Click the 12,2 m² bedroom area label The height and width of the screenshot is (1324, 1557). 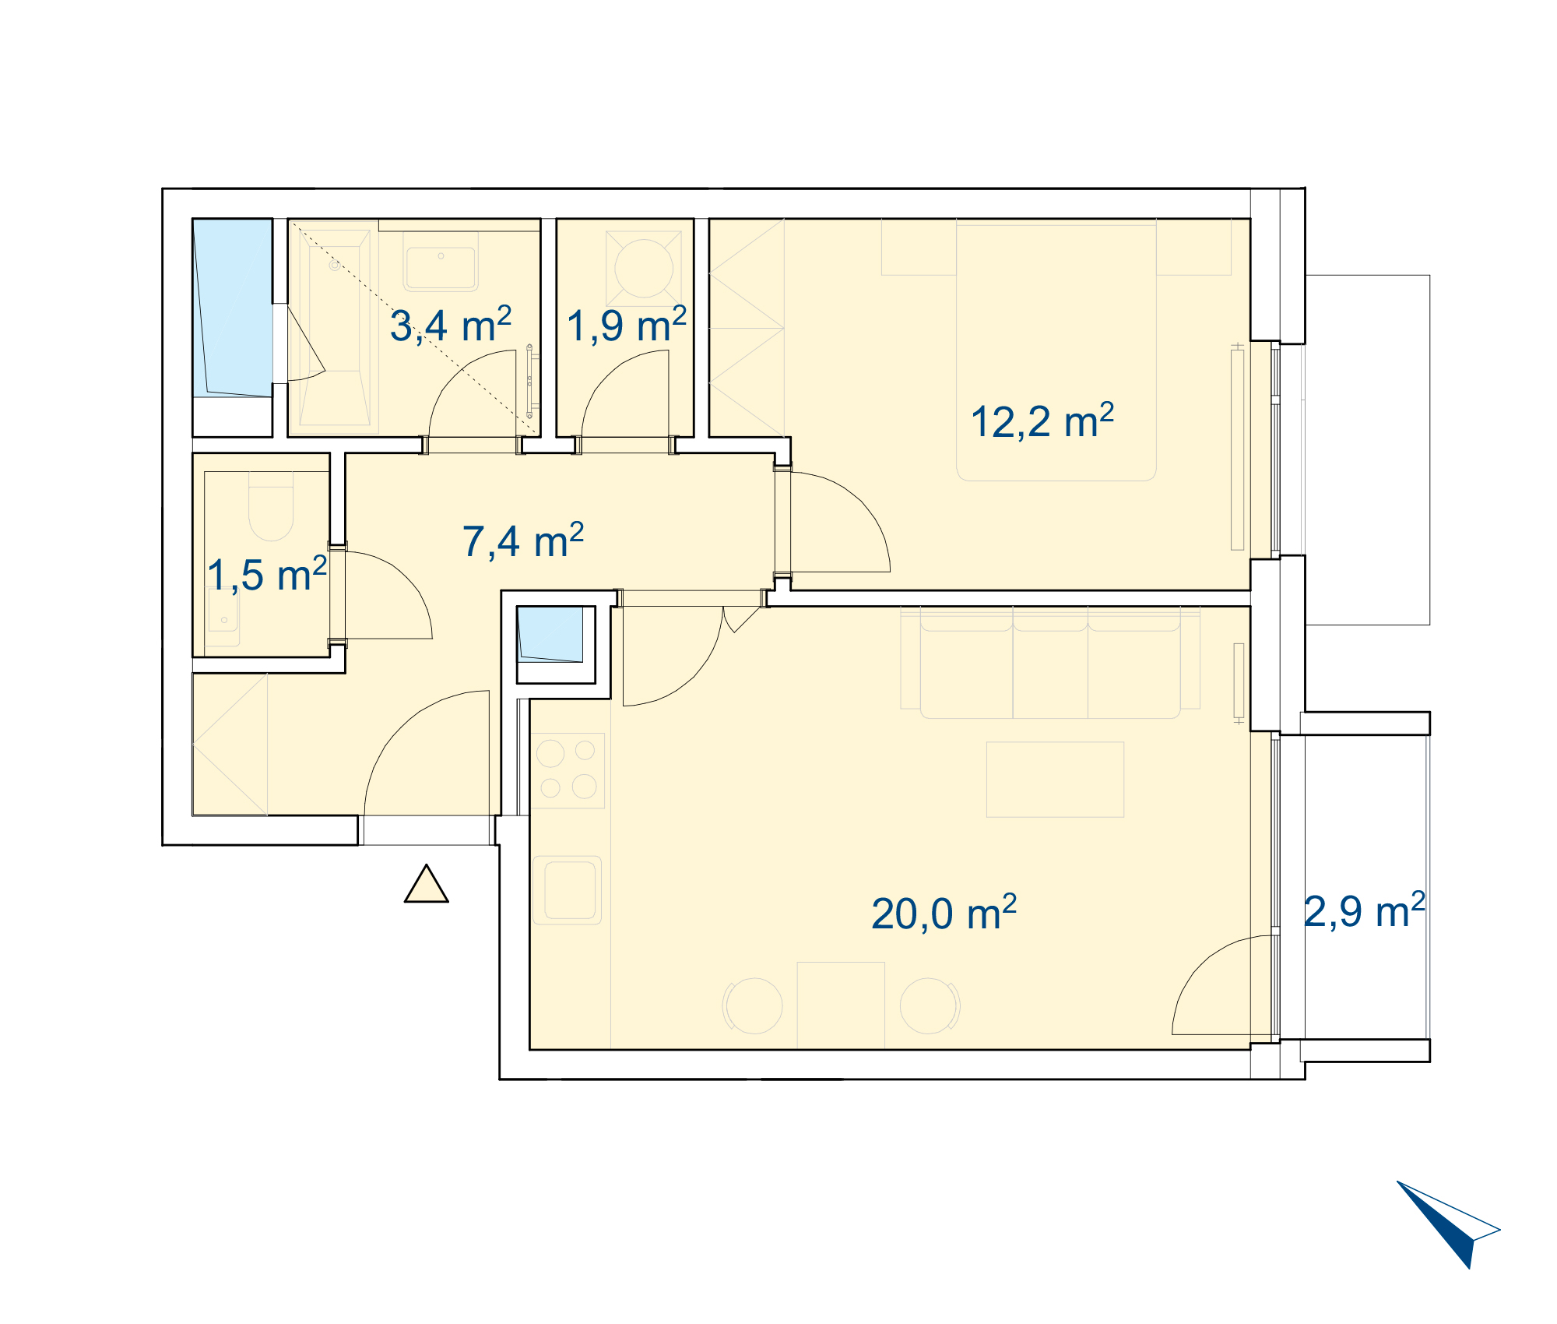(1042, 421)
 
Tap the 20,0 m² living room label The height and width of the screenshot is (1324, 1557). (944, 913)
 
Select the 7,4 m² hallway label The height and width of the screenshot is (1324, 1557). (523, 541)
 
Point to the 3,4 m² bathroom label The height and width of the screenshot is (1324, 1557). (451, 325)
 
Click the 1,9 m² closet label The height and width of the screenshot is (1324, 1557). (627, 325)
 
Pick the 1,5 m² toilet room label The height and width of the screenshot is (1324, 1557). (267, 575)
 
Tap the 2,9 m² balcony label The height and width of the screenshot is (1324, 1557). (1365, 910)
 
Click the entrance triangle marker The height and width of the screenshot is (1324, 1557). (427, 885)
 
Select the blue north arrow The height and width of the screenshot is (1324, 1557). (1449, 1223)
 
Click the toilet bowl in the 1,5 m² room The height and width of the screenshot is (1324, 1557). (271, 510)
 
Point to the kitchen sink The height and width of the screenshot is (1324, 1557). (569, 890)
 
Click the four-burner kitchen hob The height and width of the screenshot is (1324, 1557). (568, 770)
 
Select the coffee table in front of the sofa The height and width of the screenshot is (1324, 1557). (1055, 779)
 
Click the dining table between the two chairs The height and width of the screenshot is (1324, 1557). (841, 1005)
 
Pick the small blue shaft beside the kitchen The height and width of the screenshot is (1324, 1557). (550, 634)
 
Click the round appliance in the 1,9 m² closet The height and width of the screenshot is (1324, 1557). (644, 268)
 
